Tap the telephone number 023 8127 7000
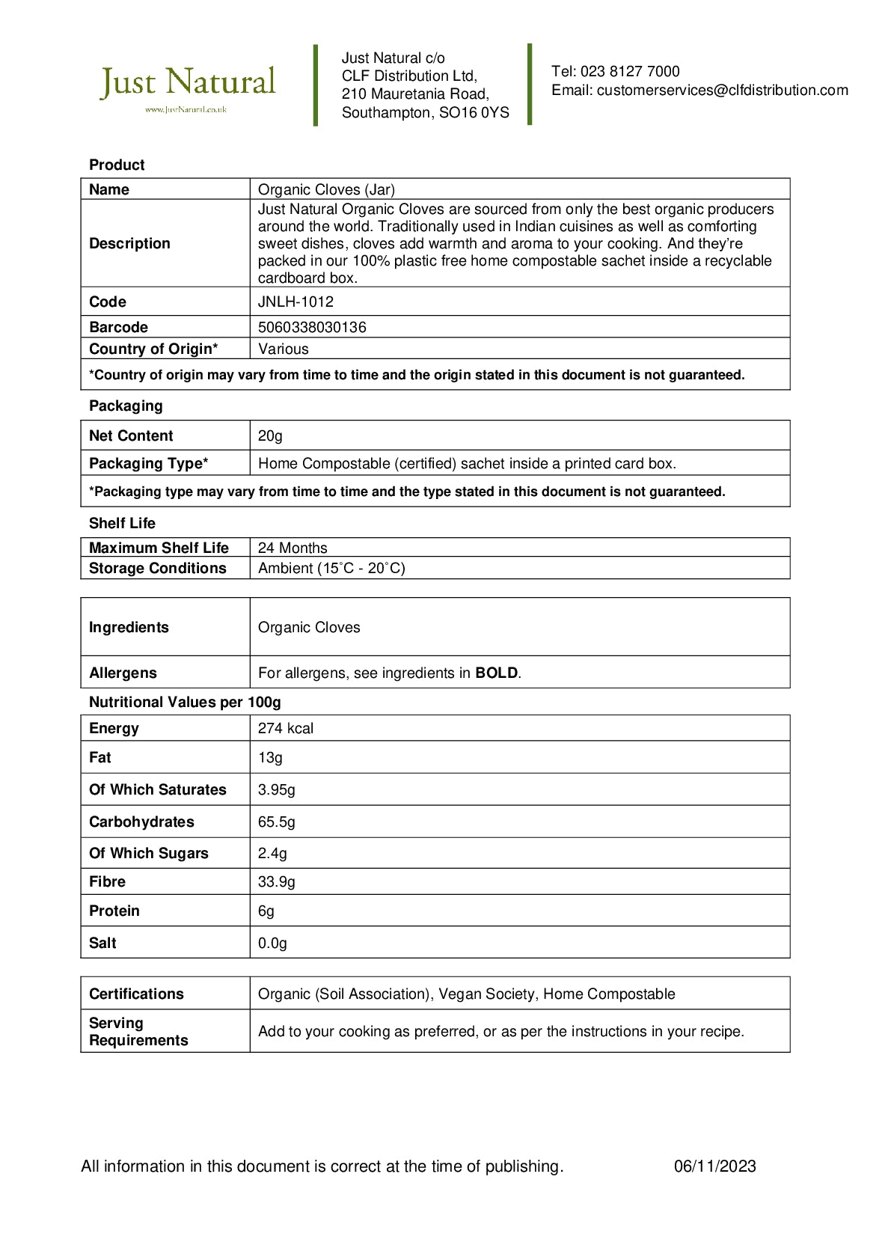point(630,72)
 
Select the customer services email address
point(722,91)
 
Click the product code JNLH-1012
point(296,302)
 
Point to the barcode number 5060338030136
point(312,327)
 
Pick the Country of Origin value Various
point(283,349)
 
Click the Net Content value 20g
point(270,435)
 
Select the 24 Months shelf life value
point(293,548)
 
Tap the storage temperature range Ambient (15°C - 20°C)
point(331,568)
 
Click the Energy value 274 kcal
point(286,728)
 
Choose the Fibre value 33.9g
point(276,881)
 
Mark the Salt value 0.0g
point(272,943)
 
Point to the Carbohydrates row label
point(141,822)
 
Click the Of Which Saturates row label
point(157,789)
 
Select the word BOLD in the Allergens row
point(496,673)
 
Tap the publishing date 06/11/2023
point(714,1166)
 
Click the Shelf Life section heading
point(122,523)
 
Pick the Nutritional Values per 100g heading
point(185,702)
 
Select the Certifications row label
point(136,994)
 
